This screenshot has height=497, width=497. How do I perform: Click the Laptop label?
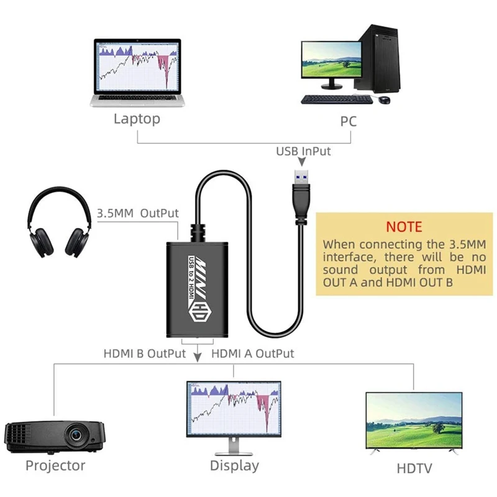coord(137,119)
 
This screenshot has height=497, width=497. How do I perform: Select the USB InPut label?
coord(304,151)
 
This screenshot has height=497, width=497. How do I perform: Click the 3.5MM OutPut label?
coord(138,213)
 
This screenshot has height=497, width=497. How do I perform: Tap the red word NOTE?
coord(404,227)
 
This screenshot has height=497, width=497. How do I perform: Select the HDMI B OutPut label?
coord(145,353)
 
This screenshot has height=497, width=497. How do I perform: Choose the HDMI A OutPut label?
coord(253,353)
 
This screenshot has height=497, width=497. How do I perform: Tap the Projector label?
coord(55,465)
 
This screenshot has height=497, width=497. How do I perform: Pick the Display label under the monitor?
coord(234,465)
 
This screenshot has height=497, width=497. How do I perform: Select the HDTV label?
coord(414,467)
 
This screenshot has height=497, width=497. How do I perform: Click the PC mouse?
coord(385,99)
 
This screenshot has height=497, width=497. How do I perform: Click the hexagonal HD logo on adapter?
coord(201,314)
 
